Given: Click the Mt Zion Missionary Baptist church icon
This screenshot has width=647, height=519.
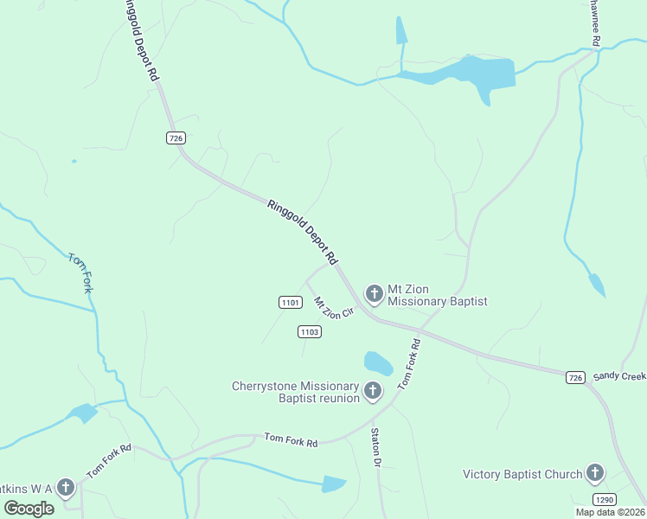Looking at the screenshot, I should coord(375,294).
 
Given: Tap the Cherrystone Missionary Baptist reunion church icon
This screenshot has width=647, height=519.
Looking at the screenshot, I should coord(373,392).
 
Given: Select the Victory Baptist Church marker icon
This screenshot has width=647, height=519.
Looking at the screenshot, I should coord(595,473).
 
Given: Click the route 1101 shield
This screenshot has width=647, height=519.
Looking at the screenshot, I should coord(290,302).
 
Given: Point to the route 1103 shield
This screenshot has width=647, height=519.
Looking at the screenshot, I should coord(310,331).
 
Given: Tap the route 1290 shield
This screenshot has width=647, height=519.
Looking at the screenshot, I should coord(605,500).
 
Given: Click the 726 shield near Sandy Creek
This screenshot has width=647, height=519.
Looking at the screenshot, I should coord(576,377).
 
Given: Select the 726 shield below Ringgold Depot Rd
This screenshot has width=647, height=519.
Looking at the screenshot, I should coord(176,138).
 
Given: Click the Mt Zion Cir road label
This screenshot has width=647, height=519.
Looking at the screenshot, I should coord(334,307).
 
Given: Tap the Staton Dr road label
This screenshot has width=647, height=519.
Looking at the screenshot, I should coord(376,447).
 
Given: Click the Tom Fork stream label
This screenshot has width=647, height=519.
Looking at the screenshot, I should coord(80,272).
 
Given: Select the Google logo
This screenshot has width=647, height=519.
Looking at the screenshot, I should coord(29,509).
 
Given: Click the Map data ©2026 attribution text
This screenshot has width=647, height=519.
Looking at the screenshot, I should coord(610,512).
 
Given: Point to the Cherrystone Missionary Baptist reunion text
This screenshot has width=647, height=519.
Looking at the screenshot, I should coord(295,392).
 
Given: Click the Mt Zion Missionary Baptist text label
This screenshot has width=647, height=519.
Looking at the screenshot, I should coord(437,295).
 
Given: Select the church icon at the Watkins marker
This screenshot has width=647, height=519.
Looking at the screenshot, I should coord(66,488).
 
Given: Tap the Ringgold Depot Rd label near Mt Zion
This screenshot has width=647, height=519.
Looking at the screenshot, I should coord(302,232).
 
